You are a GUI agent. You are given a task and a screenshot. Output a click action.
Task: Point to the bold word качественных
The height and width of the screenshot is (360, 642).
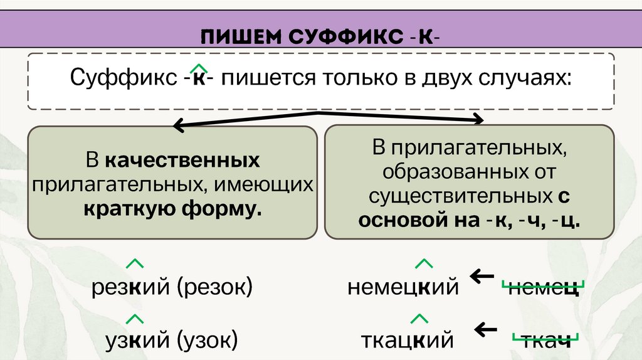coord(182,161)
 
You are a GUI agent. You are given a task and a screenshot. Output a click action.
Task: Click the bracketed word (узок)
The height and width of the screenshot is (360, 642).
coord(208,341)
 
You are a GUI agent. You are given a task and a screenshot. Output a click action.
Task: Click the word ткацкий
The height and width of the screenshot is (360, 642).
coord(407,341)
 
